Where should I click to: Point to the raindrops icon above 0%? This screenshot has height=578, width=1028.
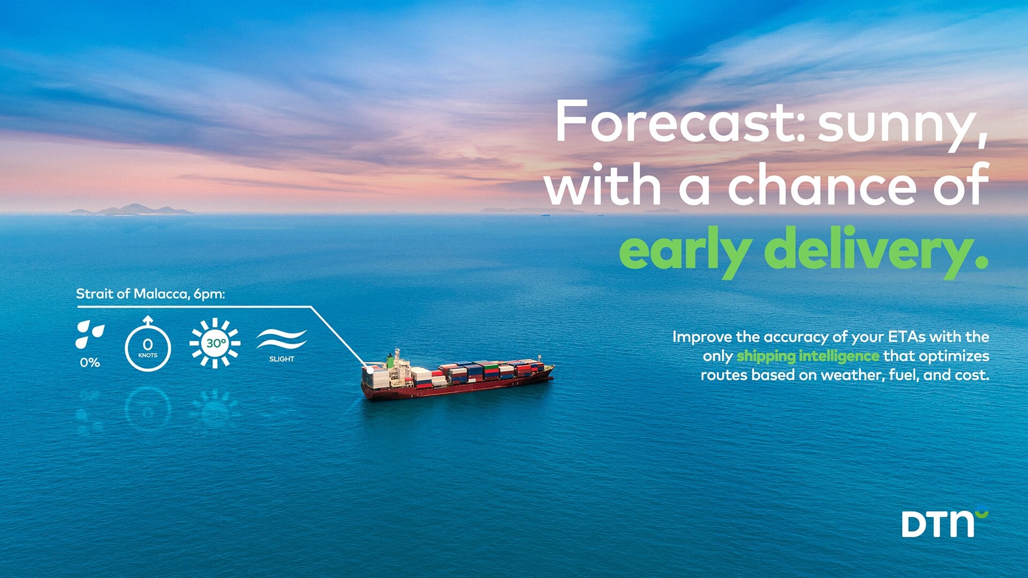click(x=89, y=334)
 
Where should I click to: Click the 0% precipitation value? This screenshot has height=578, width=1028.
click(x=90, y=362)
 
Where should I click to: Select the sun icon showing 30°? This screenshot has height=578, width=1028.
click(x=215, y=343)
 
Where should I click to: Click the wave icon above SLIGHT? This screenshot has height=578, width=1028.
click(x=282, y=339)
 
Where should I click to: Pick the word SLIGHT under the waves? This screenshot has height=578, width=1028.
click(x=282, y=359)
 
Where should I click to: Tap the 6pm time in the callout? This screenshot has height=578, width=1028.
click(x=209, y=295)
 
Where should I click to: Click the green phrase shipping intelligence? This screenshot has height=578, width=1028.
click(x=808, y=356)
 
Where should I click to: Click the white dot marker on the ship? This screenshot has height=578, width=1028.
click(x=370, y=370)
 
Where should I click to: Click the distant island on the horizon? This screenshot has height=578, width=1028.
click(x=132, y=210)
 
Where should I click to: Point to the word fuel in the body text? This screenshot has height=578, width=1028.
click(x=904, y=375)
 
